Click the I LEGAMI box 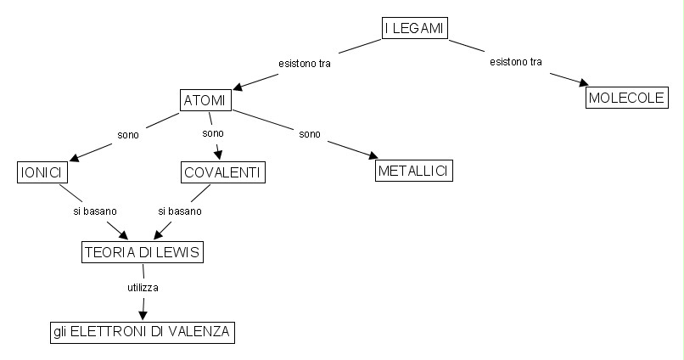click(414, 28)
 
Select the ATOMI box click(206, 100)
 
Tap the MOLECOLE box click(625, 98)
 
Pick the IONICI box click(42, 172)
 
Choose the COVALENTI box click(223, 172)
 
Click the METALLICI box click(413, 170)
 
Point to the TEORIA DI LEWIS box click(143, 252)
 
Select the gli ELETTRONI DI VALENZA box click(141, 332)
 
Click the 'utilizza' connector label click(143, 288)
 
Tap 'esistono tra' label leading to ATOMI click(305, 63)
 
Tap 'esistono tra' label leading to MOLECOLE click(516, 62)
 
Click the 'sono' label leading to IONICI click(128, 133)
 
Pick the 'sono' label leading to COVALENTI click(213, 133)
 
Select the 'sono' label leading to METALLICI click(309, 133)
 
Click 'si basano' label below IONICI click(94, 210)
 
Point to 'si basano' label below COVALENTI click(179, 210)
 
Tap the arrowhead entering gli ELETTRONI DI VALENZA click(142, 316)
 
